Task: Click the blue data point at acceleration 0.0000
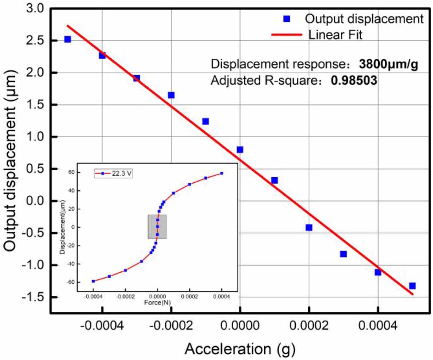coord(240,149)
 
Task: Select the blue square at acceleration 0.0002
coord(309,227)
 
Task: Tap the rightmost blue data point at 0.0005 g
coord(412,286)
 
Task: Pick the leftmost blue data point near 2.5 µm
coord(68,39)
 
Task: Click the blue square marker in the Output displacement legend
coord(286,19)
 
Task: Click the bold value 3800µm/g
coord(389,65)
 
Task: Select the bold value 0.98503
coord(354,81)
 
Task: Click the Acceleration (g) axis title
coord(240,349)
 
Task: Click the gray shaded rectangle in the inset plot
coord(157,227)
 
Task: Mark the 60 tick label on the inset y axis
coord(70,173)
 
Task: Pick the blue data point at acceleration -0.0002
coord(171,95)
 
